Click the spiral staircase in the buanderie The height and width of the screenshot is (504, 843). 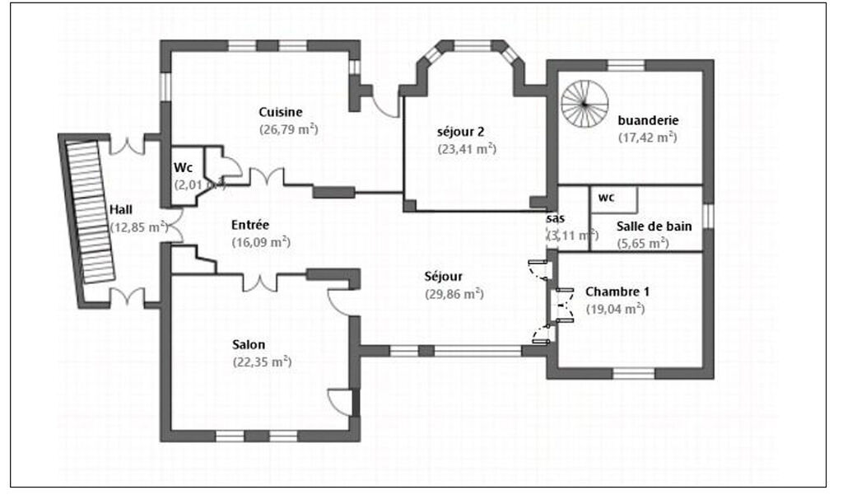[x=585, y=104]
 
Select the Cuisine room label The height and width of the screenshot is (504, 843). [x=281, y=113]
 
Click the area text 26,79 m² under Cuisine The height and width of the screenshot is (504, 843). [x=288, y=129]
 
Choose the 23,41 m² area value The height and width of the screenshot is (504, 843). [x=466, y=149]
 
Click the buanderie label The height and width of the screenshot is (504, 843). [x=647, y=120]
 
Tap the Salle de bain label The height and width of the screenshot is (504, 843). [x=654, y=226]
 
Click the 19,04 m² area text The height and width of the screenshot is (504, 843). [x=614, y=309]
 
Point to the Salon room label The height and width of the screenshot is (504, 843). [x=249, y=344]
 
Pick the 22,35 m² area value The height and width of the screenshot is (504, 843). [x=263, y=362]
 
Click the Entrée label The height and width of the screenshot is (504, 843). [x=250, y=225]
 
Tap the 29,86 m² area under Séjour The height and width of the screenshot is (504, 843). [x=454, y=294]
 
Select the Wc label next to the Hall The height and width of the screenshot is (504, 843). [x=182, y=168]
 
